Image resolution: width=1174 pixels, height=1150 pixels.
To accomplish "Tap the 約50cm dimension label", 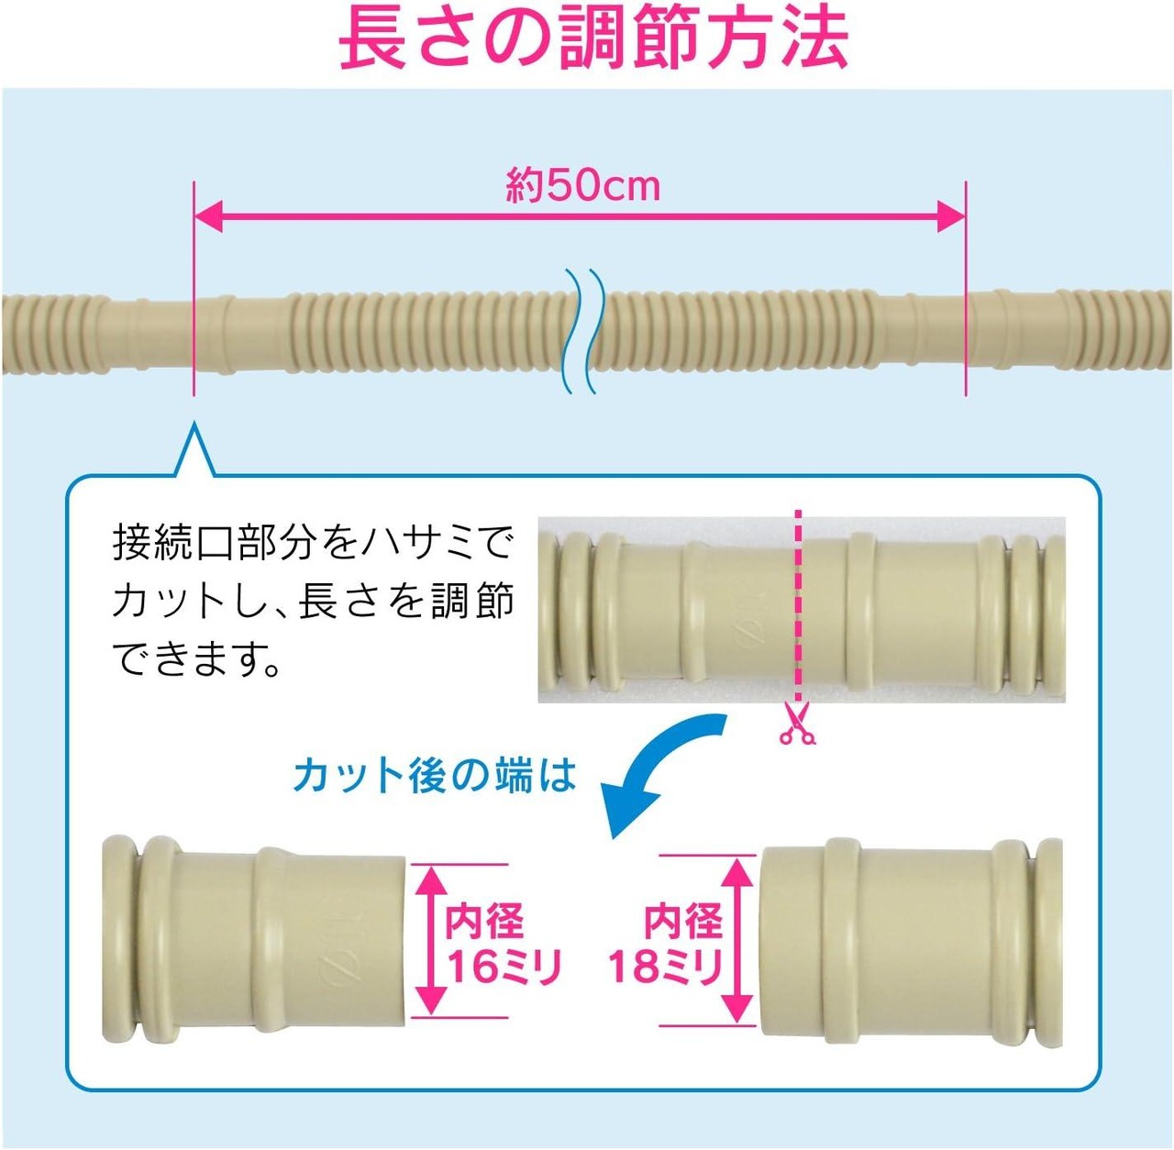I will click(582, 185).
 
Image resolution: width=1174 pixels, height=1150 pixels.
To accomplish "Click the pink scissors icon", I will click(796, 724).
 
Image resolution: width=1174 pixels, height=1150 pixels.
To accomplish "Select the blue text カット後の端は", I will click(435, 776).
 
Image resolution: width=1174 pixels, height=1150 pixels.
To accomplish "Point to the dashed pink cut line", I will click(799, 605).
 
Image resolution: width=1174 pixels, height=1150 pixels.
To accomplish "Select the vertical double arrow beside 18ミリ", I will click(736, 940).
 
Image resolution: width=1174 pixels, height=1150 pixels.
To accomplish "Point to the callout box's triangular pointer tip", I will click(194, 426).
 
